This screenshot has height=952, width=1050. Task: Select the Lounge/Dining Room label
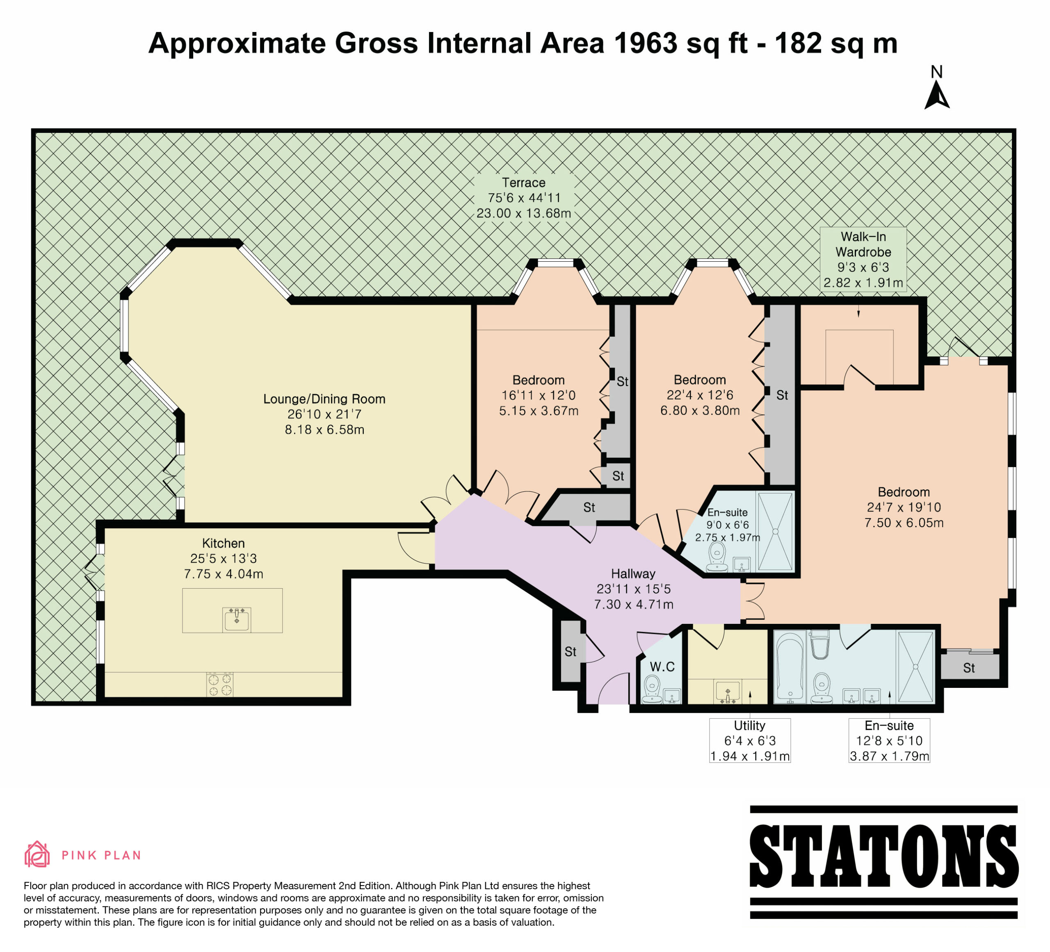pyautogui.click(x=324, y=399)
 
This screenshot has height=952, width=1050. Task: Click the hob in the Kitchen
pyautogui.click(x=220, y=684)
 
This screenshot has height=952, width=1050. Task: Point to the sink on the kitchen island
pyautogui.click(x=237, y=620)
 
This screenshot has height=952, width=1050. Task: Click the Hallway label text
pyautogui.click(x=633, y=573)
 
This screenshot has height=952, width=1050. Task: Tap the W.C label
pyautogui.click(x=662, y=667)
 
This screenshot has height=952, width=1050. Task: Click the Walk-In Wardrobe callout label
pyautogui.click(x=863, y=259)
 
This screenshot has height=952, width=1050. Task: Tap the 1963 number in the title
pyautogui.click(x=646, y=43)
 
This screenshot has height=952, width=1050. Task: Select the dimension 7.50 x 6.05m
pyautogui.click(x=904, y=523)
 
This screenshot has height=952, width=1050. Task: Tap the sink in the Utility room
pyautogui.click(x=728, y=692)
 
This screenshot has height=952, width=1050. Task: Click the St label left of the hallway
pyautogui.click(x=570, y=651)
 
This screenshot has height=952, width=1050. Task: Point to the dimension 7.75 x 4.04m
pyautogui.click(x=224, y=574)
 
